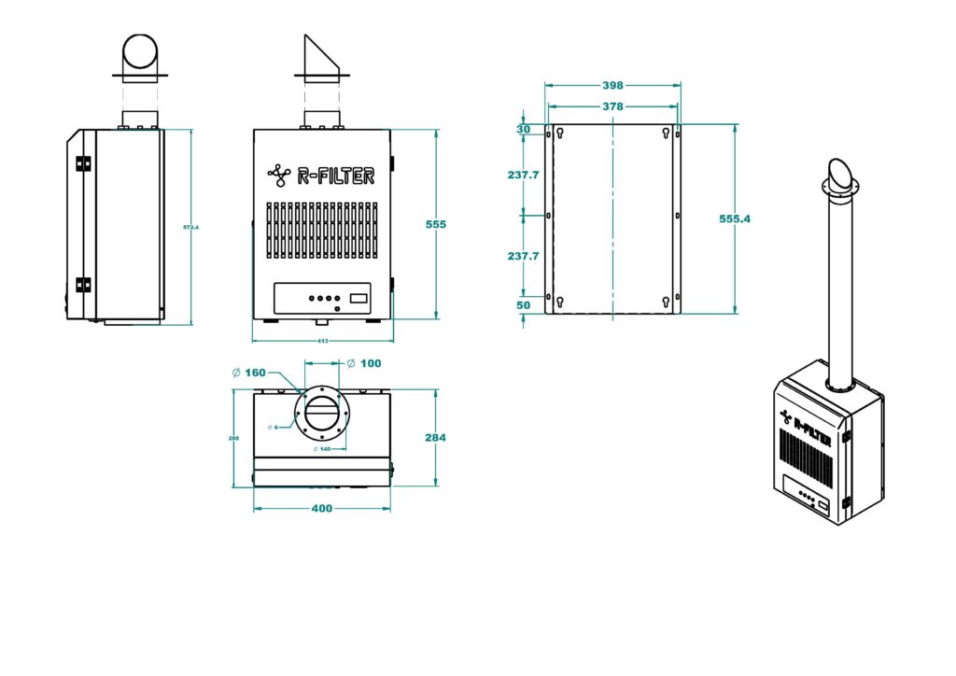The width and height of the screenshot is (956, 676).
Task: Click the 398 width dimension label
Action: [612, 86]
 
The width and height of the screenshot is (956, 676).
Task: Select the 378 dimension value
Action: [612, 106]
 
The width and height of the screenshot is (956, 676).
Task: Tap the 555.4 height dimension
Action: [735, 218]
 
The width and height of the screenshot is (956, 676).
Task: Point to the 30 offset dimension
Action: [523, 130]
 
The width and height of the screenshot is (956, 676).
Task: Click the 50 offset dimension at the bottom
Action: [523, 305]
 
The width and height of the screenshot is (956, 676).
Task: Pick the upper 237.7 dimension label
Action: [523, 175]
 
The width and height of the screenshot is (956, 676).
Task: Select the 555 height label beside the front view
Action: [436, 224]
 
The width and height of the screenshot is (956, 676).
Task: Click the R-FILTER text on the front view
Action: [335, 175]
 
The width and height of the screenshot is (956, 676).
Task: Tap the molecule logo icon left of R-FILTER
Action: [278, 174]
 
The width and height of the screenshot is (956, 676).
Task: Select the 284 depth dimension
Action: [436, 437]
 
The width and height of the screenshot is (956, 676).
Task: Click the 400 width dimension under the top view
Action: [321, 509]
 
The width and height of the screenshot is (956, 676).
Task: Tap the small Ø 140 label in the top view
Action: [323, 449]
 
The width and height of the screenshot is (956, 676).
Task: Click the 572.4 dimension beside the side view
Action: [191, 227]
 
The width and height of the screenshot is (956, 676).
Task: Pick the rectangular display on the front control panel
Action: [358, 299]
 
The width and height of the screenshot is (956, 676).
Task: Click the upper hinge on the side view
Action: [83, 163]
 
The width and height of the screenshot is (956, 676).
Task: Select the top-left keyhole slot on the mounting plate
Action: [559, 134]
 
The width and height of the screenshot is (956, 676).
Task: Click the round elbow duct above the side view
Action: [141, 53]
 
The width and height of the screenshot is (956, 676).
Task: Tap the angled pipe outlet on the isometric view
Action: [838, 176]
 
